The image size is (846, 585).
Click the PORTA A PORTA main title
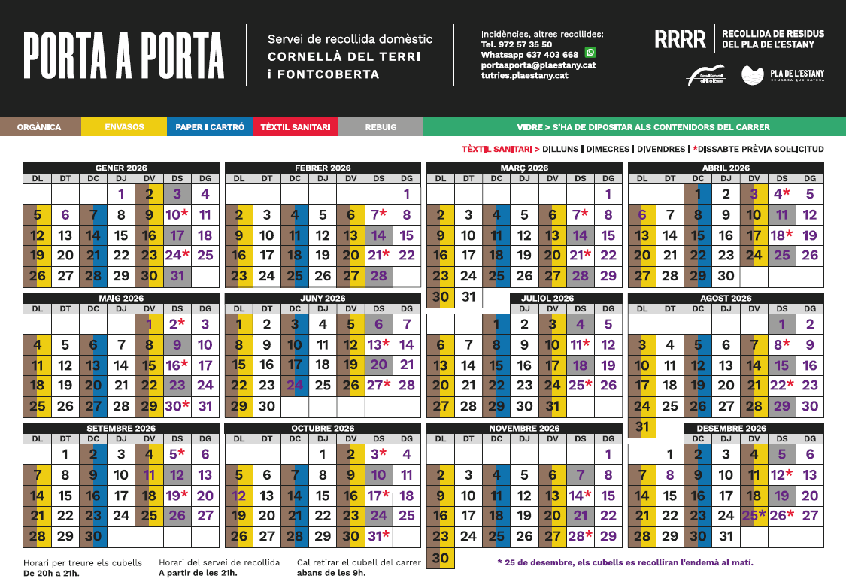coord(123,56)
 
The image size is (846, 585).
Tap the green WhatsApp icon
coord(590,53)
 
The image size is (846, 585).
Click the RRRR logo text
coord(680,40)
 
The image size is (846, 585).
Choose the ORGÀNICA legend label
coord(39,127)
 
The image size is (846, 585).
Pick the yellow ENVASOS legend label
coord(124,127)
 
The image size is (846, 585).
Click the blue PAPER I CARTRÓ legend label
coord(210,127)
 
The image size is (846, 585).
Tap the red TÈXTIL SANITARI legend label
coord(295,127)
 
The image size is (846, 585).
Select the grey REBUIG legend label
coord(381,127)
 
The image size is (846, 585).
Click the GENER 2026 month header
coord(121,168)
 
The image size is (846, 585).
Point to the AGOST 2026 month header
coord(726,298)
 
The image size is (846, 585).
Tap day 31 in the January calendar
coord(177,276)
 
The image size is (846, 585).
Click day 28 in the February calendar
coord(378,276)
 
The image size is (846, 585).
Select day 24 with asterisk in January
coord(177,255)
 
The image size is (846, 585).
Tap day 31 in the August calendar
coord(641,427)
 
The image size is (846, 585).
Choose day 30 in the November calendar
coord(441,558)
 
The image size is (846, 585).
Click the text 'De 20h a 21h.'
coord(51,574)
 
